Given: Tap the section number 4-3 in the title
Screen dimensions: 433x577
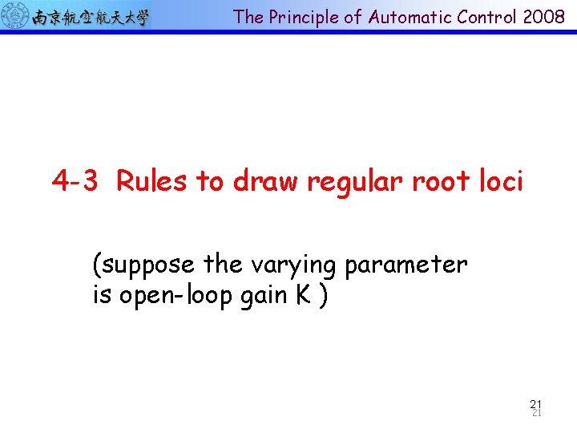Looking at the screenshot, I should pos(75,182).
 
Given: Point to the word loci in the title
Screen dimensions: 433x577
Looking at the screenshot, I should pos(500,182).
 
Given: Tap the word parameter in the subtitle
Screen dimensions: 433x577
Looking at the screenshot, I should pos(410,265).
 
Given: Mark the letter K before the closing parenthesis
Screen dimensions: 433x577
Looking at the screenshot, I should pos(303,295).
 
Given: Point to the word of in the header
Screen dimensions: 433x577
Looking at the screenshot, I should pos(353,18).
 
